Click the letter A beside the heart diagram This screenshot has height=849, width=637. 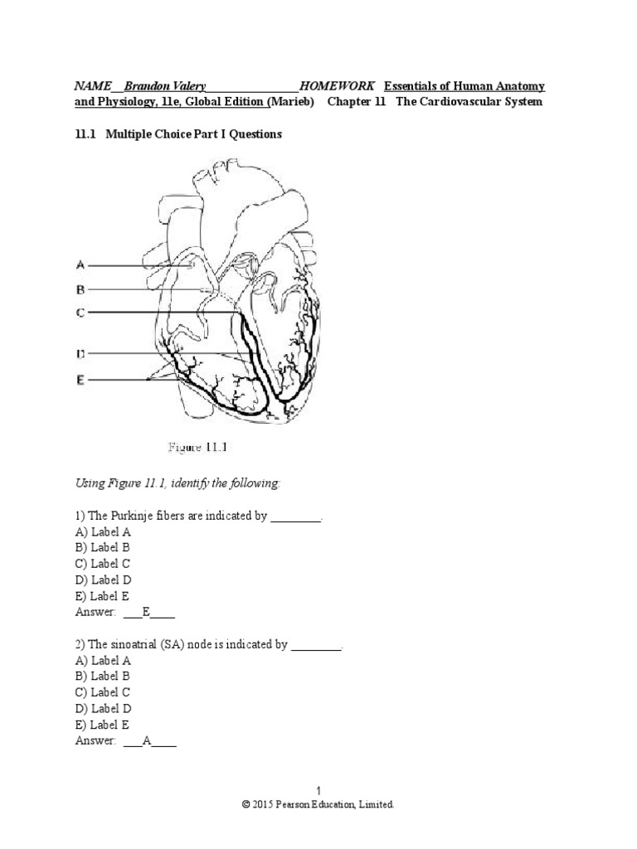[x=80, y=265]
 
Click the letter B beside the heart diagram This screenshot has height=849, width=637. [x=80, y=289]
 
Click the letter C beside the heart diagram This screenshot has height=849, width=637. [x=80, y=313]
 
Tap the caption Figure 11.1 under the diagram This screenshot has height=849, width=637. [x=198, y=448]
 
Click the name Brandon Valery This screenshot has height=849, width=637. [x=165, y=86]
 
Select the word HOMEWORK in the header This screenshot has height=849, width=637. [x=338, y=86]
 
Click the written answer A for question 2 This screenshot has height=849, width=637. [x=146, y=741]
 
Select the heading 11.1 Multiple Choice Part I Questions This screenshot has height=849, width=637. [x=178, y=133]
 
